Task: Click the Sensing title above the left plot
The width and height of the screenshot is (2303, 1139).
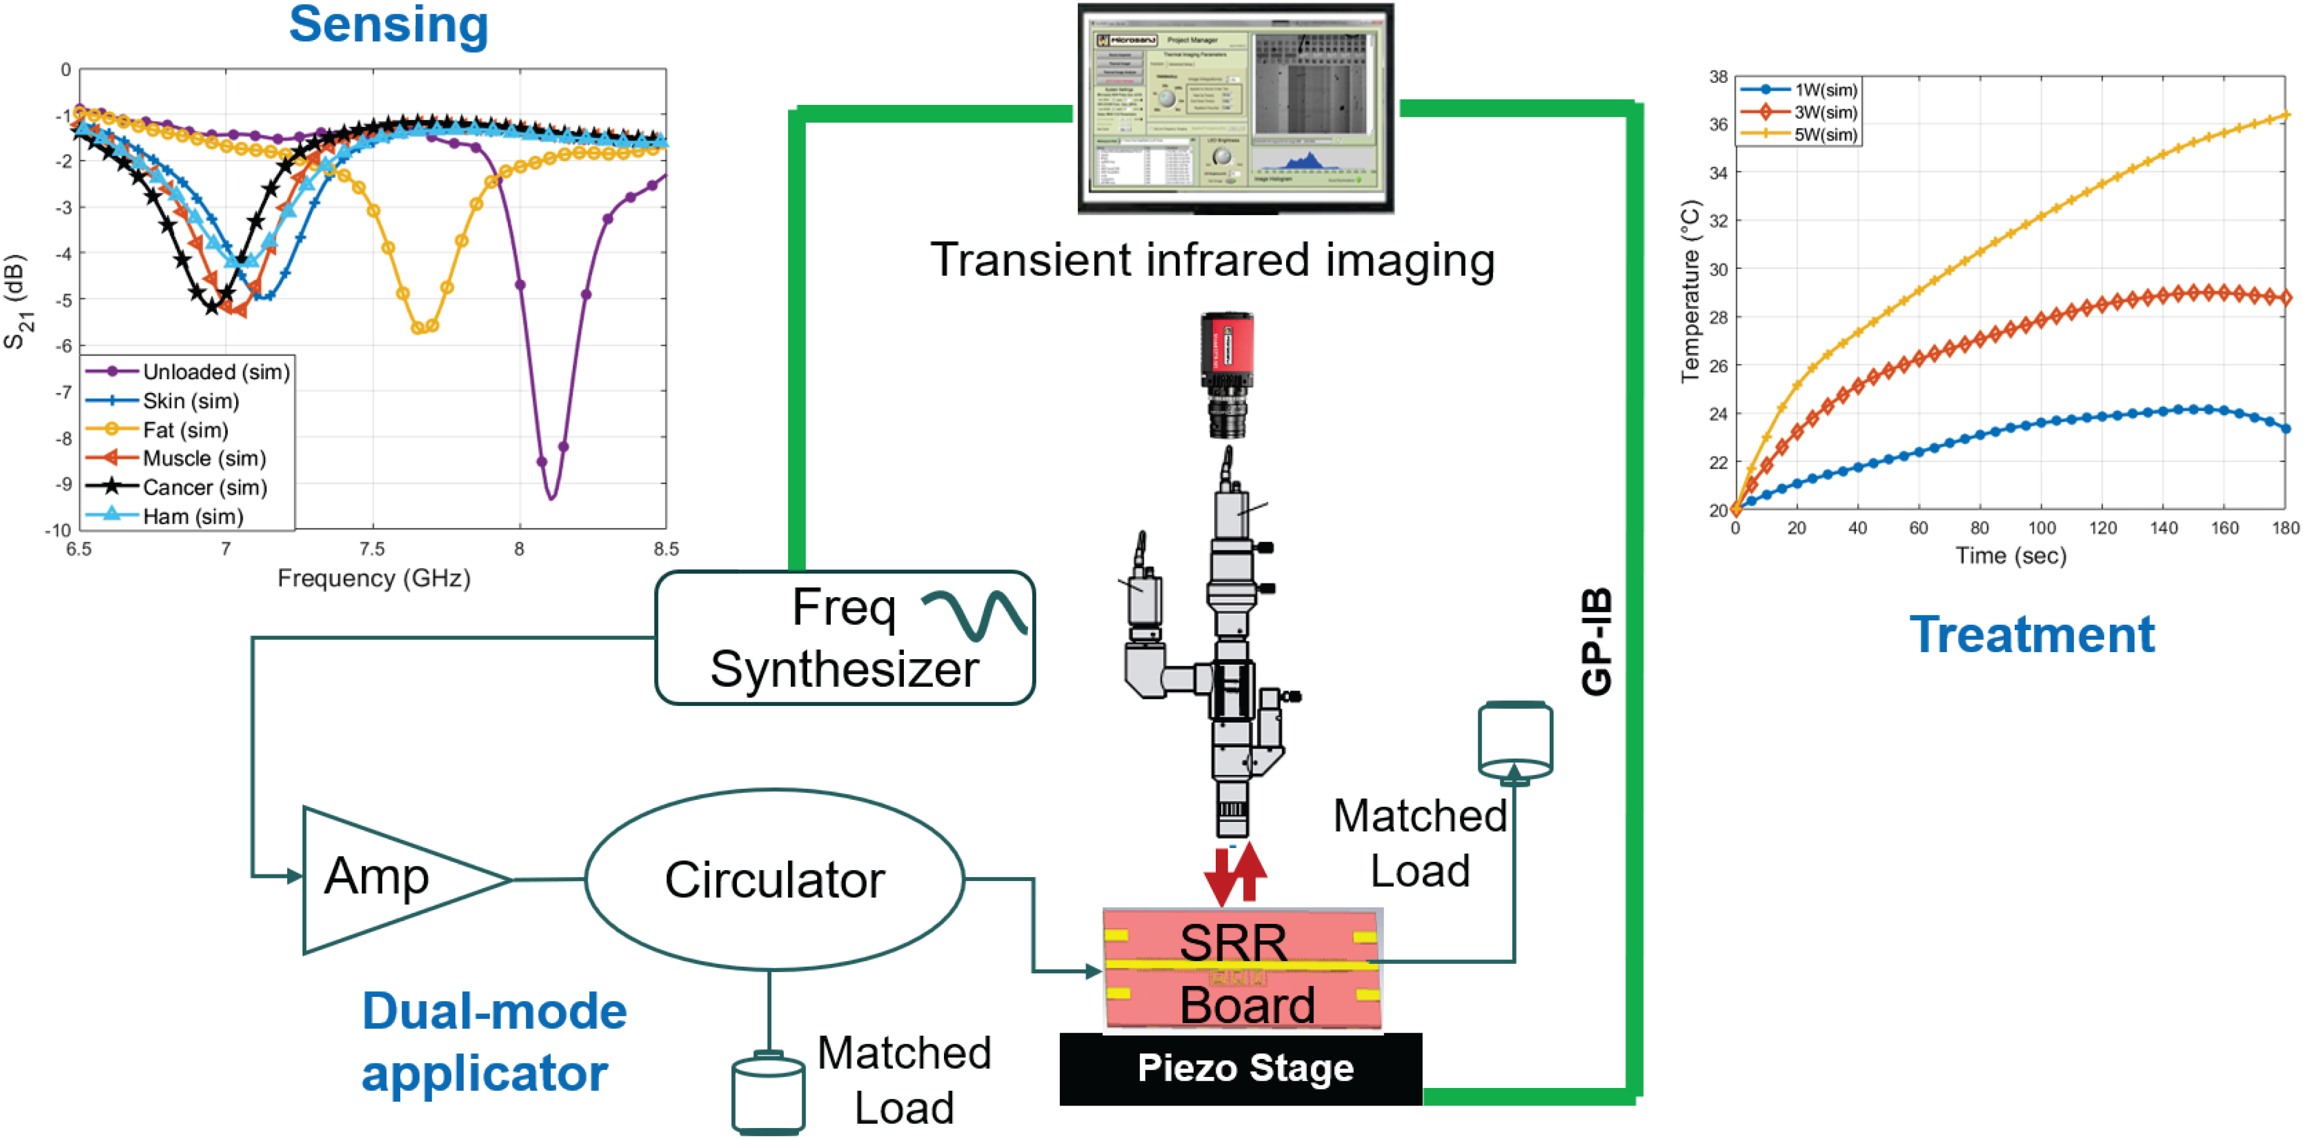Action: [388, 25]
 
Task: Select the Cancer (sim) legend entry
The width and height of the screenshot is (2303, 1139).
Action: [204, 487]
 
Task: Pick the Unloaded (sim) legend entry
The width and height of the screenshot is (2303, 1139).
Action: [215, 372]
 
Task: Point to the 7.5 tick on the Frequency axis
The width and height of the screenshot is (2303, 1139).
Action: [372, 549]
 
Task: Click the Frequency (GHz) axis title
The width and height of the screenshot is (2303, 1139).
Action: [374, 579]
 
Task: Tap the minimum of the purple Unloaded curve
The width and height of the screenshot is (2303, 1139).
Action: [552, 496]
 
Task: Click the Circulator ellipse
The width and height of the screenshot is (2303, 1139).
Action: [774, 880]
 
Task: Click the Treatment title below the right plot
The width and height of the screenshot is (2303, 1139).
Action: [2031, 635]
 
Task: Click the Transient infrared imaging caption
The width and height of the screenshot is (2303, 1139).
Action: [1212, 260]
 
